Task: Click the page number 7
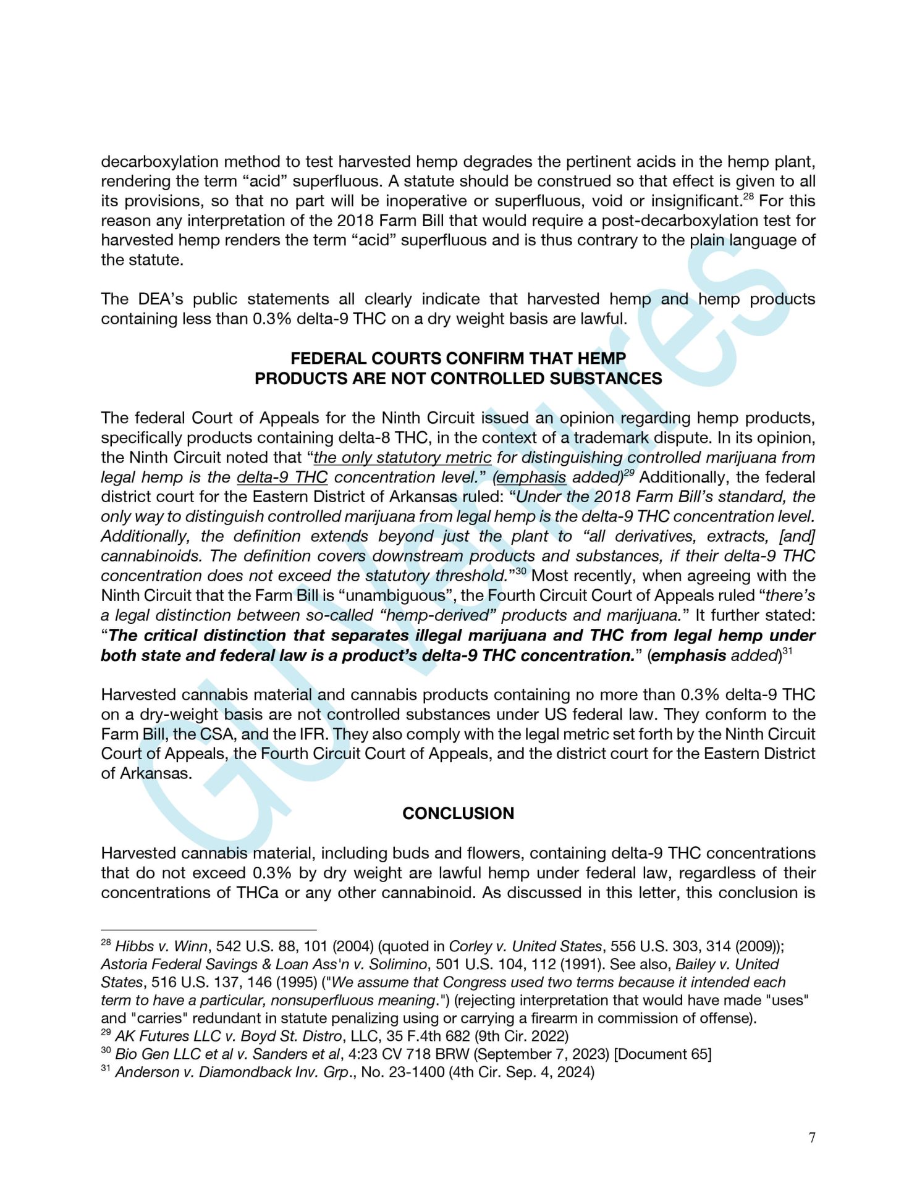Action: point(811,1137)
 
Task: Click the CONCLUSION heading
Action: point(458,813)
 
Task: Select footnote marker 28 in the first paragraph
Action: point(748,197)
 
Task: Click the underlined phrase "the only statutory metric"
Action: point(402,458)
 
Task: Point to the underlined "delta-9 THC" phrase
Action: point(282,477)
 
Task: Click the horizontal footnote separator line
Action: point(208,929)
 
